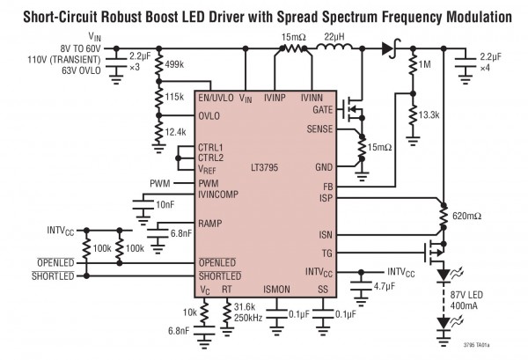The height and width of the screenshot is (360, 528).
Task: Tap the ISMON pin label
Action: point(278,289)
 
